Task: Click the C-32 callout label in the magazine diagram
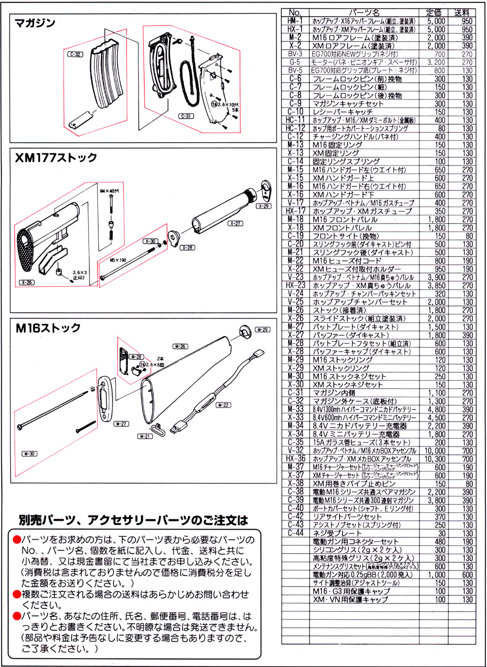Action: click(x=75, y=54)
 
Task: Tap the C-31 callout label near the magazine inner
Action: click(x=186, y=116)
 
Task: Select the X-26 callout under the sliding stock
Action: click(x=27, y=282)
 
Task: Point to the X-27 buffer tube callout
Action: click(x=235, y=223)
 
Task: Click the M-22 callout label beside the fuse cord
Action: click(x=223, y=405)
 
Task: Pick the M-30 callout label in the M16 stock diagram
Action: click(x=29, y=454)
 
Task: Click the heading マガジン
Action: click(x=35, y=23)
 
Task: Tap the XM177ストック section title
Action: click(x=56, y=158)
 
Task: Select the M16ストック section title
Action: click(x=48, y=328)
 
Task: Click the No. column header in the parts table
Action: click(x=295, y=12)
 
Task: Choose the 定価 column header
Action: click(x=434, y=12)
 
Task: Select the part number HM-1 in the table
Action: click(x=295, y=21)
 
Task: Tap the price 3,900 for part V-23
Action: click(x=436, y=277)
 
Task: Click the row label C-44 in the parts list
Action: click(x=295, y=533)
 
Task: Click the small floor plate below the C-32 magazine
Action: click(x=80, y=120)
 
